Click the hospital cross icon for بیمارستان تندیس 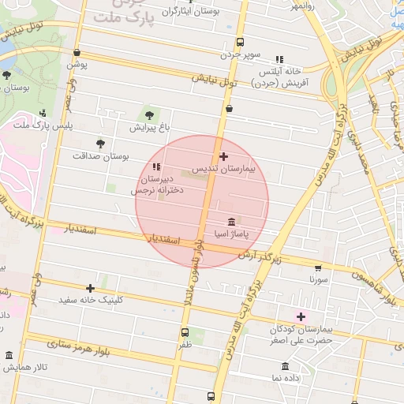(x=223, y=157)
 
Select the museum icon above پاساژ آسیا (x=230, y=222)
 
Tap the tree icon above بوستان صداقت (x=99, y=144)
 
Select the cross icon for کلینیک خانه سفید (x=90, y=288)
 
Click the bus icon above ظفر (x=185, y=332)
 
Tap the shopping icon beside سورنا (x=318, y=267)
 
